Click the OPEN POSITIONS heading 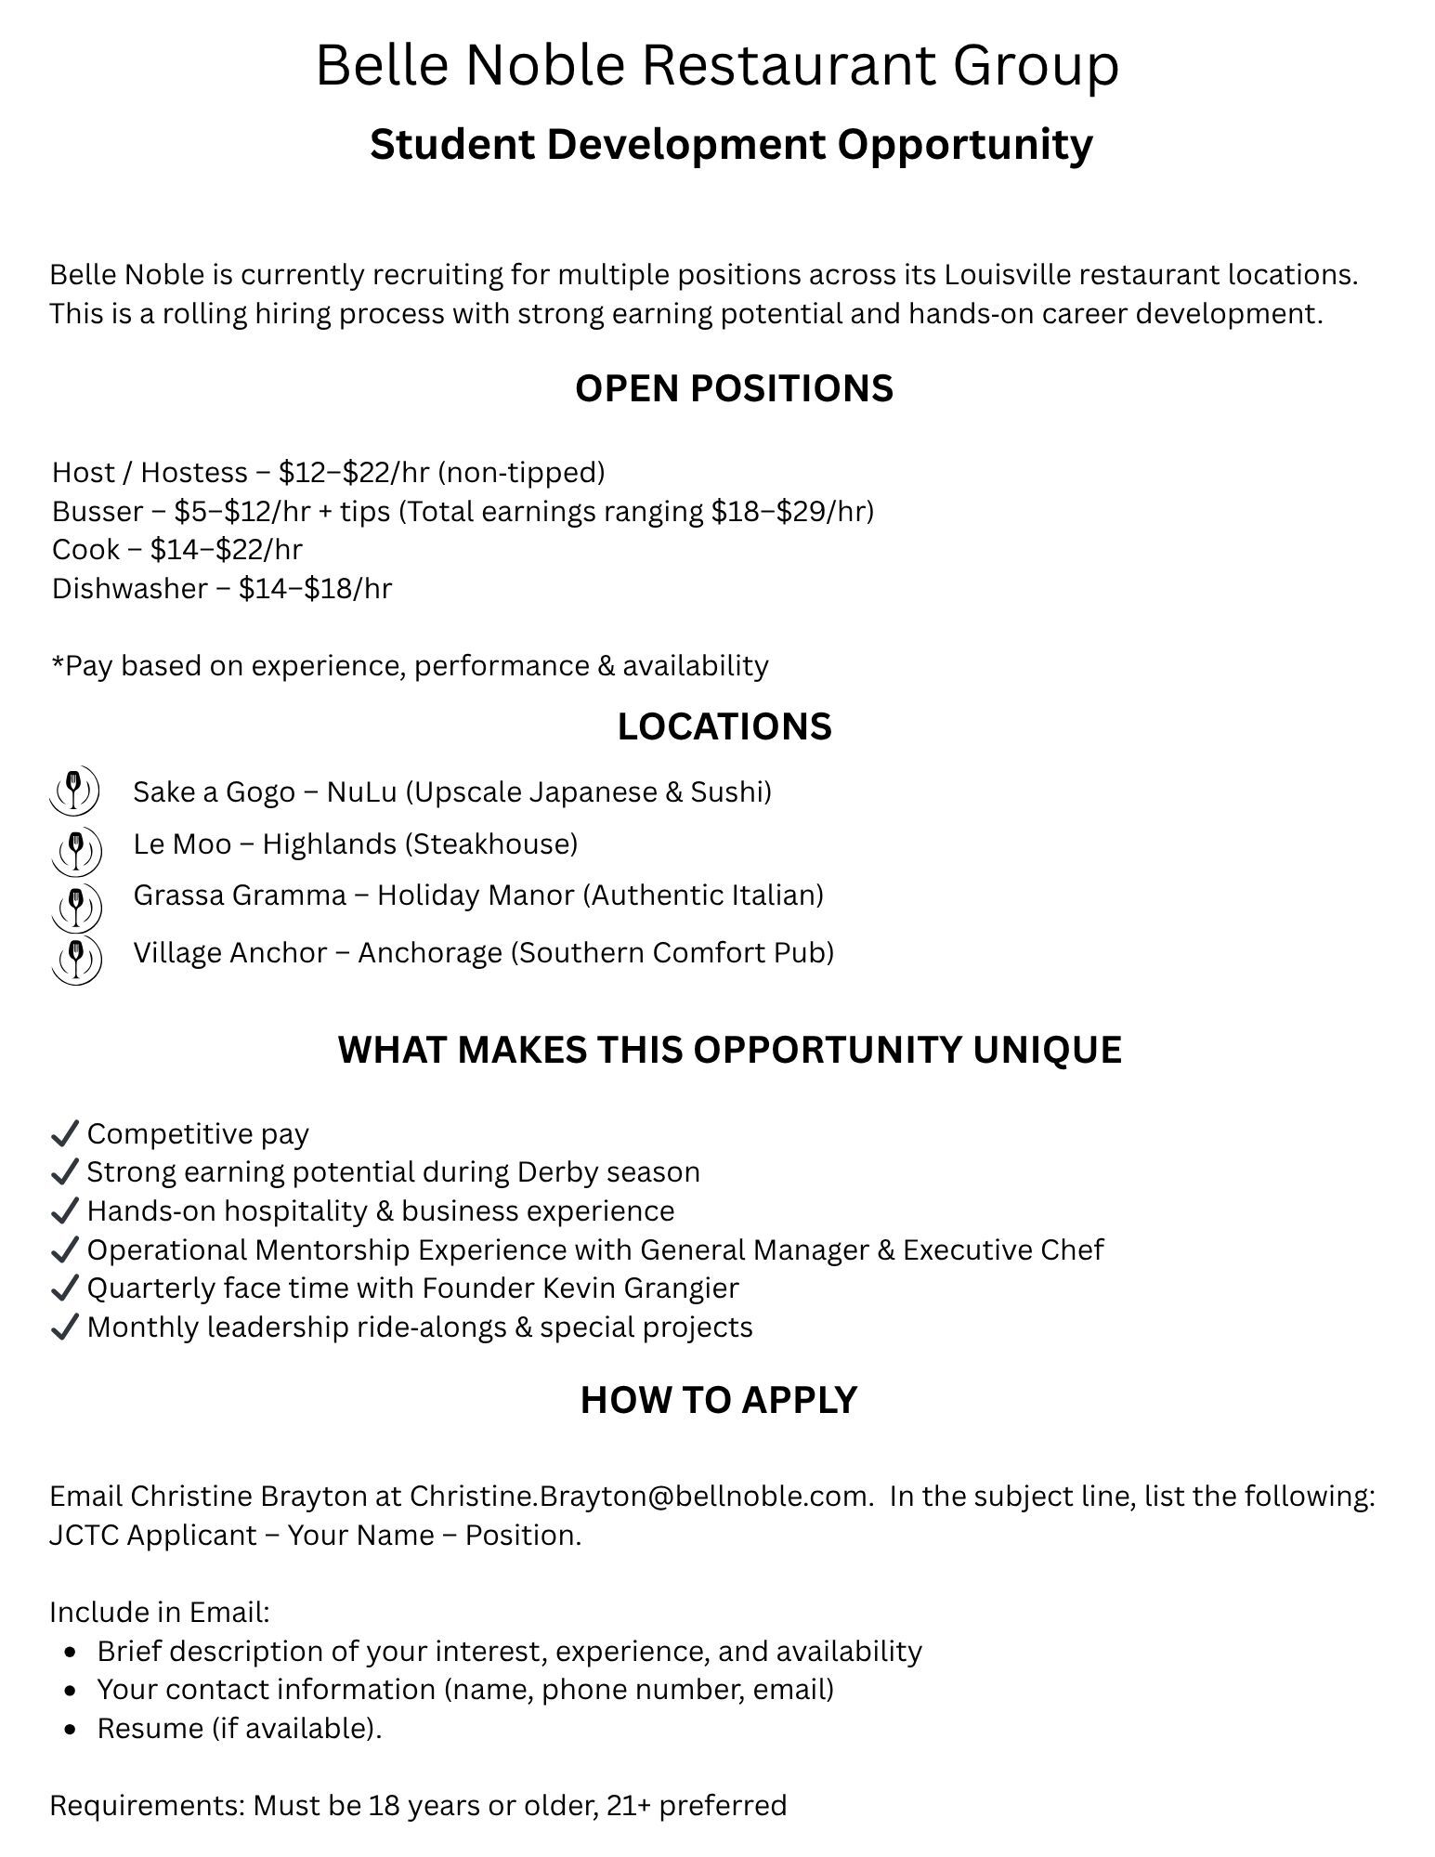733,388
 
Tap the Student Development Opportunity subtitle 731,144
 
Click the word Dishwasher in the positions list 129,588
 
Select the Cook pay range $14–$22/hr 226,549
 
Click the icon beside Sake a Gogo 74,791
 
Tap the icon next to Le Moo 75,850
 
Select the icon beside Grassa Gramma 75,905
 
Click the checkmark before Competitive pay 63,1133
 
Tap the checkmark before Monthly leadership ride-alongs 63,1327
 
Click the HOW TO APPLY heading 718,1400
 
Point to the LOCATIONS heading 724,726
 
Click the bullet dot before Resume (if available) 72,1729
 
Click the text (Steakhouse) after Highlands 491,843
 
